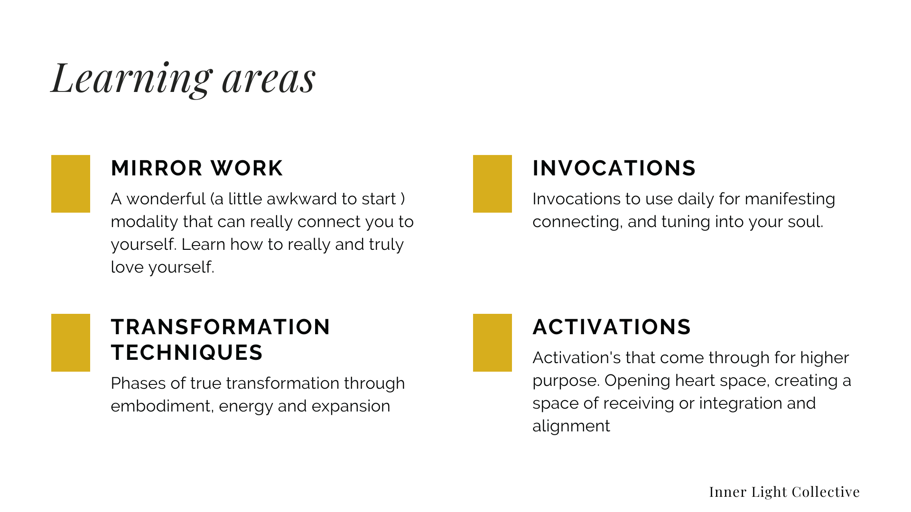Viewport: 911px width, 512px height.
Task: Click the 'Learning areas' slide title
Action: pos(183,79)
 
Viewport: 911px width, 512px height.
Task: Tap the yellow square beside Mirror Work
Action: pos(71,184)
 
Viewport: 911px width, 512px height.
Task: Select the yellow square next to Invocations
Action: pos(493,184)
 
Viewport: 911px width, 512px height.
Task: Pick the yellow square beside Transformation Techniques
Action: pos(71,343)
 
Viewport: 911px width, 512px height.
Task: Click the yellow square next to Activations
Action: pos(493,343)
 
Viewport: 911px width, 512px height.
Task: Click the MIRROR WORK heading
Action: pos(197,168)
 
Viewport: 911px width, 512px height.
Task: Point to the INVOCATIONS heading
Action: pos(614,168)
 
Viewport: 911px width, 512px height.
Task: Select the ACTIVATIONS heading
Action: pos(612,327)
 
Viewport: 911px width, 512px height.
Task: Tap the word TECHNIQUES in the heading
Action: pos(187,353)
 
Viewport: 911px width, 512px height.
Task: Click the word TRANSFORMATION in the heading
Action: pos(221,327)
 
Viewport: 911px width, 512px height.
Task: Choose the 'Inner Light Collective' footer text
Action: pos(784,492)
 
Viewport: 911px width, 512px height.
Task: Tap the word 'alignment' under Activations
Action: pos(571,427)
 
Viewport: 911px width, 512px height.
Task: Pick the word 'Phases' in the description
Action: pos(139,383)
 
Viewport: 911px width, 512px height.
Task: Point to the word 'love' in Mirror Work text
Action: pos(127,267)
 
